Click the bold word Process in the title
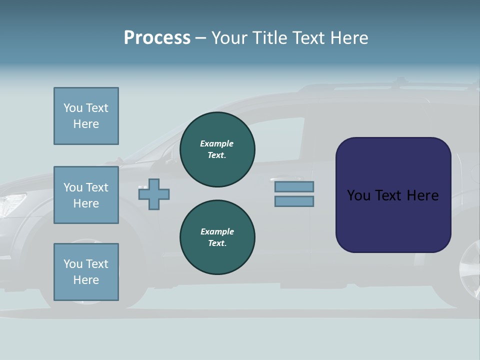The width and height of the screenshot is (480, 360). pos(157,38)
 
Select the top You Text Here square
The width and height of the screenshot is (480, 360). pos(86,116)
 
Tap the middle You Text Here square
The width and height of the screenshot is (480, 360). pos(86,195)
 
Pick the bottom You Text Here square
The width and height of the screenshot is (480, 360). pos(86,271)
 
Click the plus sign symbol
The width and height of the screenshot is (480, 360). pos(154,194)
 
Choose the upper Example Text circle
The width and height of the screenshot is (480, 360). pos(217,149)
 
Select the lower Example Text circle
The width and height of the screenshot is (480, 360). pos(217,237)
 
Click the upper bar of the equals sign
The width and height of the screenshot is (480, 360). pos(294,186)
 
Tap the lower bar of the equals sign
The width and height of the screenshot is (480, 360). pos(294,201)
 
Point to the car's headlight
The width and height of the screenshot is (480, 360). pos(13,202)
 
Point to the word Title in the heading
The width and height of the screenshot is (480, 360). pos(270,38)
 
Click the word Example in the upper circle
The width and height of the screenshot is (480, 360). pos(217,143)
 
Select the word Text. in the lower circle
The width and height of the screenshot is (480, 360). pos(217,243)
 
